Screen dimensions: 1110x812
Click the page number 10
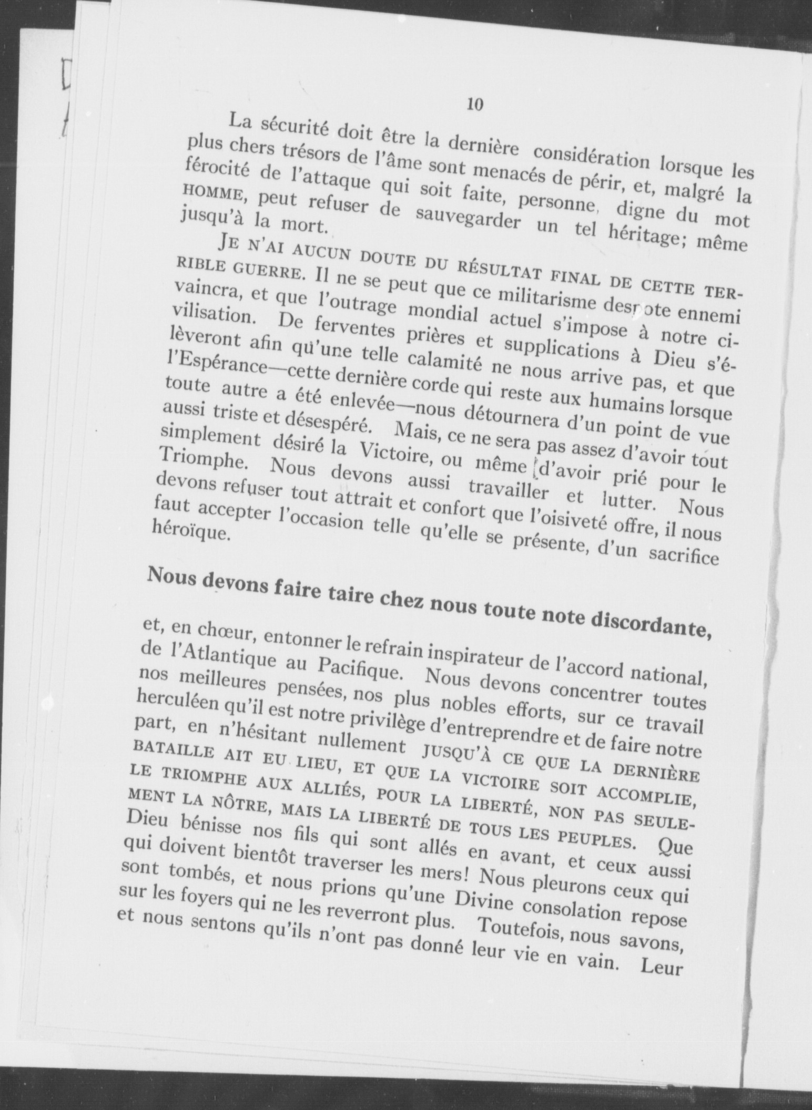pyautogui.click(x=474, y=104)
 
